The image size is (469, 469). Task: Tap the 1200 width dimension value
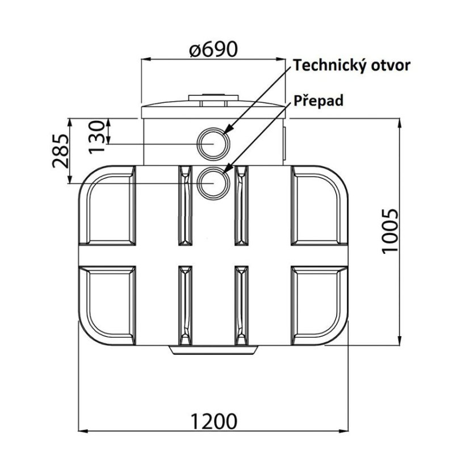213,421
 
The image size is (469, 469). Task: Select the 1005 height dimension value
391,231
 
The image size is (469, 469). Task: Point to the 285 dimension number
61,151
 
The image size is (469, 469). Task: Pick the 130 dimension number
98,137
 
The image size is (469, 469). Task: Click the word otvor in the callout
391,66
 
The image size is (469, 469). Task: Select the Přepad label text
318,101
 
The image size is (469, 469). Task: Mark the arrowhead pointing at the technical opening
228,129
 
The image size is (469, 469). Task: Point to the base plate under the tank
213,350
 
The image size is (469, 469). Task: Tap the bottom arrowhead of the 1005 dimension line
400,340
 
